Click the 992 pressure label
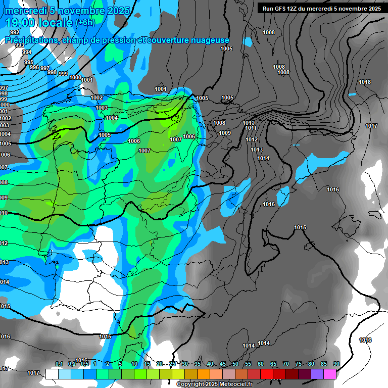[15, 32]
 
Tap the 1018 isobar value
[364, 82]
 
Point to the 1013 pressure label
[257, 150]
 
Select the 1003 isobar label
[102, 108]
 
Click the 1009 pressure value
[225, 133]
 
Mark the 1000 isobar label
[75, 77]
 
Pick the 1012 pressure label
[252, 140]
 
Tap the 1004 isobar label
[112, 118]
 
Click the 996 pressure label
[34, 67]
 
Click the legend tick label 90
[336, 364]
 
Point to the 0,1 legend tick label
[59, 364]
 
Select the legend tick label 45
[223, 364]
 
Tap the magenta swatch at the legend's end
[330, 374]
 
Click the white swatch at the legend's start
[52, 374]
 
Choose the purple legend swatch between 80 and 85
[317, 374]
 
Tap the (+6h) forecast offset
[85, 23]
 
